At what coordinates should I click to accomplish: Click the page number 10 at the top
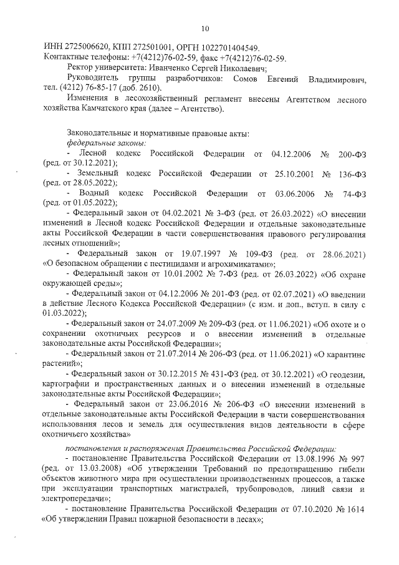205,27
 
